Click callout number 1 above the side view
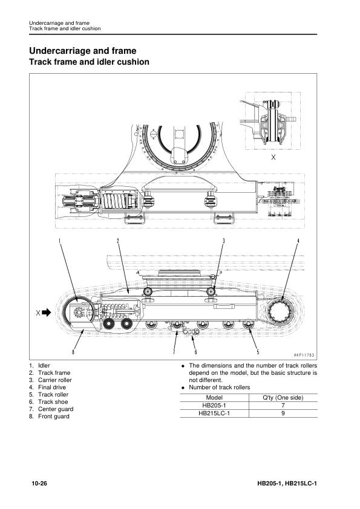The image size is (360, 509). [59, 241]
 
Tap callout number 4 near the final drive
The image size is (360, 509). [298, 241]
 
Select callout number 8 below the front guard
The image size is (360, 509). [73, 352]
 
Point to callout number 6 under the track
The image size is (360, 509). [195, 352]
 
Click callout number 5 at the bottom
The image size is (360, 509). [258, 352]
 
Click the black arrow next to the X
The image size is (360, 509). [47, 313]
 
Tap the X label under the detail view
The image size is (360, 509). [273, 157]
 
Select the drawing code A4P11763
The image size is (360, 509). [304, 355]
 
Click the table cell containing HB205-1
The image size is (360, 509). [214, 406]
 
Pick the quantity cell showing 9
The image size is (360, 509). [283, 413]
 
